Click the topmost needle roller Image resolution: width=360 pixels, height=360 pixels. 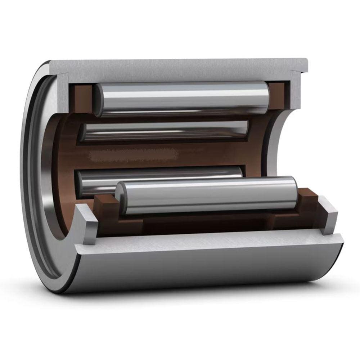(182, 98)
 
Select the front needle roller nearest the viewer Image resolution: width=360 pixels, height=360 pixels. (207, 195)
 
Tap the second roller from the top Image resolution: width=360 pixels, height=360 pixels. (164, 130)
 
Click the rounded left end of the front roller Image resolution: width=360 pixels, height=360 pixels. (120, 197)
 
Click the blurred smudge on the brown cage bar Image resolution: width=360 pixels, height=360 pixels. (133, 155)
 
